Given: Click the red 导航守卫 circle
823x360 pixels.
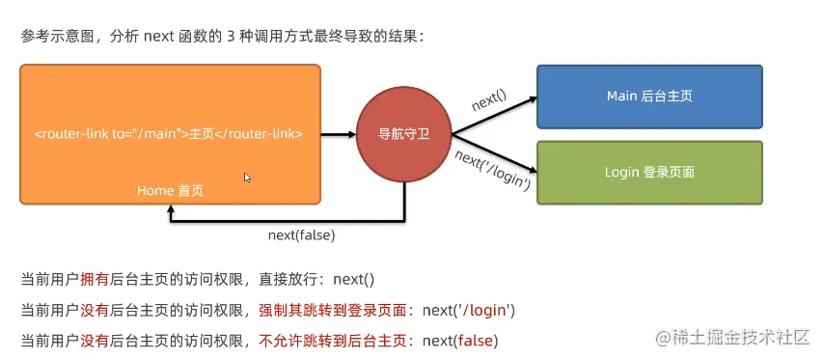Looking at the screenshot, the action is (403, 134).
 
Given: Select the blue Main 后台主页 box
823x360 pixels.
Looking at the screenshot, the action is (649, 97).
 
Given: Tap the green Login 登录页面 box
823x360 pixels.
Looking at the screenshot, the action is (649, 172).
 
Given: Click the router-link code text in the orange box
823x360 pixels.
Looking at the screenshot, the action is (169, 134).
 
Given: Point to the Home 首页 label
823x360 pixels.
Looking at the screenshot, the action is (170, 191).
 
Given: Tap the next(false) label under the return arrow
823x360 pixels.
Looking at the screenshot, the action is (301, 235).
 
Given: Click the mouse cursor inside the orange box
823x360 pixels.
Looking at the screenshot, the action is (247, 178).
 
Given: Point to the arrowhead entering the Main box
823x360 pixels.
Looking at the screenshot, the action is (534, 98).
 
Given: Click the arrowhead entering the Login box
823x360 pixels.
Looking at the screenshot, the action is (534, 171).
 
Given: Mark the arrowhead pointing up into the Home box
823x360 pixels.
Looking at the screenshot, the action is (170, 209).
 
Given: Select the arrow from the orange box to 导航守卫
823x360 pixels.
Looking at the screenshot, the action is (339, 134).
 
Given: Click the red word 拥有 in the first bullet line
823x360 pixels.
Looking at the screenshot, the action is (94, 280).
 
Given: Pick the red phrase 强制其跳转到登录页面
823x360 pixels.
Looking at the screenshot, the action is (333, 311).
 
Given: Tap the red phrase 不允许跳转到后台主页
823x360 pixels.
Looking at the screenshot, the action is (333, 342).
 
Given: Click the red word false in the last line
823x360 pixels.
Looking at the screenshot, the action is (476, 342).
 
